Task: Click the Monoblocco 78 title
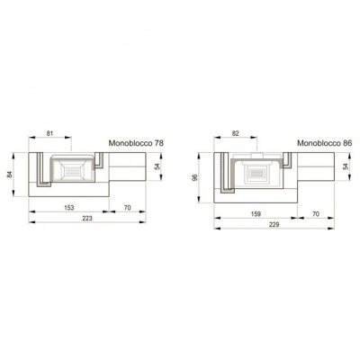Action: tap(136, 143)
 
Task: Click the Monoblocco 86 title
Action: tap(324, 143)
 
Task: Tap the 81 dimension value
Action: tap(49, 133)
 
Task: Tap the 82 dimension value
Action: tap(236, 133)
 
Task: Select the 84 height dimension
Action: tap(10, 174)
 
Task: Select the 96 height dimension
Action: tap(195, 177)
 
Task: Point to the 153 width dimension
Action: tap(69, 208)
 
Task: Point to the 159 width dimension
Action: tap(256, 214)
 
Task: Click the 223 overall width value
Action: tap(87, 218)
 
